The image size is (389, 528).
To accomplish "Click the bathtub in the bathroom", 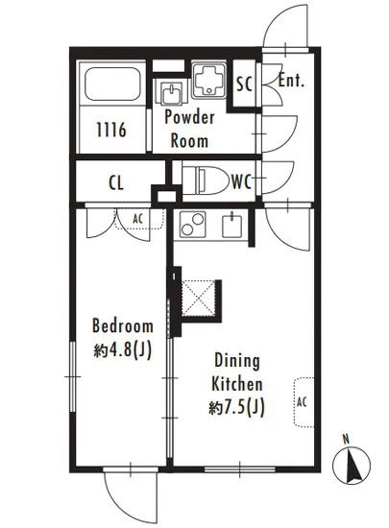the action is [x=112, y=84].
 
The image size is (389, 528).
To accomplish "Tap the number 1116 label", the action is [x=111, y=130].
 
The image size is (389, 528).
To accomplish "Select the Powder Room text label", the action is [x=189, y=130].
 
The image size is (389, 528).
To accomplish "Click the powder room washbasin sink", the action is [x=171, y=93].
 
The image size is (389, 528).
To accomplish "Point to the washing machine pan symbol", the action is [x=208, y=80].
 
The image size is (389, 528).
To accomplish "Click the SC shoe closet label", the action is [x=245, y=84].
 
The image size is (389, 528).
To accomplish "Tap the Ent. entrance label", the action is [x=291, y=81].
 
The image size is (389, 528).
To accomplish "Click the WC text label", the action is [x=241, y=182].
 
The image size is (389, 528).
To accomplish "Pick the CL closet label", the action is [x=116, y=183].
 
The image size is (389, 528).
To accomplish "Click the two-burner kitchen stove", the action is [x=192, y=225].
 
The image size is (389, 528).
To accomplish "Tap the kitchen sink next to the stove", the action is [x=232, y=226].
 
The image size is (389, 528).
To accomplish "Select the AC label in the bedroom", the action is [x=137, y=219].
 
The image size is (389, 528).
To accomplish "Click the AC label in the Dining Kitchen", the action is [x=302, y=401].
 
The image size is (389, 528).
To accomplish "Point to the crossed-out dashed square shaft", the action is [x=198, y=298].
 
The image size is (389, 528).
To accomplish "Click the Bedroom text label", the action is [x=123, y=326].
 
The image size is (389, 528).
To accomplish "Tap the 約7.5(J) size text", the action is [x=236, y=408].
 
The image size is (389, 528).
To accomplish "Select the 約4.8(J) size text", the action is [x=123, y=350].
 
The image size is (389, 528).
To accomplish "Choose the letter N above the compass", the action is [x=346, y=440].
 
